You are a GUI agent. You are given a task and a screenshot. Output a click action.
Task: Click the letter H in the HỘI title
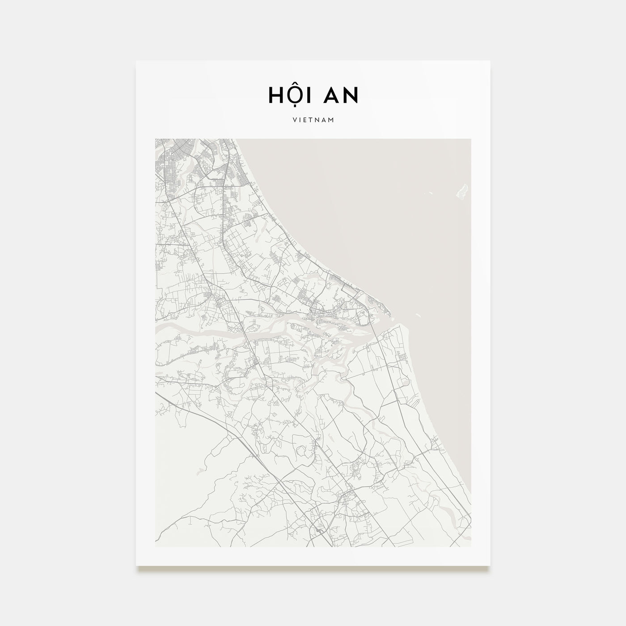tap(276, 94)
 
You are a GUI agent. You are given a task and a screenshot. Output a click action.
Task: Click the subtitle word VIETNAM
tap(313, 120)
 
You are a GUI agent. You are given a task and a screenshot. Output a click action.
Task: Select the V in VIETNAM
tap(294, 120)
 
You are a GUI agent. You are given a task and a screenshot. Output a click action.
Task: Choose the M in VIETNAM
tap(331, 120)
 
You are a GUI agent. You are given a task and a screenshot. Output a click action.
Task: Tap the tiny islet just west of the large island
tap(430, 193)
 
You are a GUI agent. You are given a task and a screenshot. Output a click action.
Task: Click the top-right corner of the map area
tap(471, 139)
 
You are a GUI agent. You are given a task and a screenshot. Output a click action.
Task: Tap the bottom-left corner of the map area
tap(155, 546)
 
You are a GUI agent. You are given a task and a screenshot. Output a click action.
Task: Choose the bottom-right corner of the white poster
tap(490, 566)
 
